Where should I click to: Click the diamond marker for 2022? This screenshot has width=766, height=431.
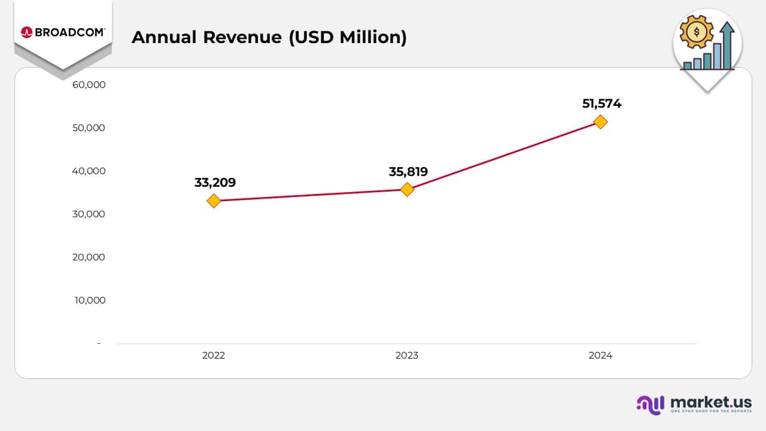click(214, 201)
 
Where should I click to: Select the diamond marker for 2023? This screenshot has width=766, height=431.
click(407, 190)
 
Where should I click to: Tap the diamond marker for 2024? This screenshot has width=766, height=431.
click(600, 122)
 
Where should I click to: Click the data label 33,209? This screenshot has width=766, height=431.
click(215, 183)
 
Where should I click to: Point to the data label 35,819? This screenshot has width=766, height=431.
click(408, 172)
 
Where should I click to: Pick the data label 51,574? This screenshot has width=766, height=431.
click(601, 104)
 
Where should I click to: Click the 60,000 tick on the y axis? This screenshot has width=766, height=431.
click(89, 85)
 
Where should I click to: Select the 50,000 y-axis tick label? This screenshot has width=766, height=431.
click(89, 128)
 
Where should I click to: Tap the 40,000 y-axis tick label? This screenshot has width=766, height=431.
click(89, 171)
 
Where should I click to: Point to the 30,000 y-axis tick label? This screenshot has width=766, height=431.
click(89, 214)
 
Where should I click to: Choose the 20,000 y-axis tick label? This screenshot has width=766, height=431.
click(89, 257)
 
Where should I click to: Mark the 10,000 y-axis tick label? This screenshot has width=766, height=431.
click(90, 301)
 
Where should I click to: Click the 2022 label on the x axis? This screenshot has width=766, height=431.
click(214, 356)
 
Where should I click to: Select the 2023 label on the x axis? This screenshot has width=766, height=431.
click(407, 356)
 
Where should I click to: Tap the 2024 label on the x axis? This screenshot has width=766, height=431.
click(600, 356)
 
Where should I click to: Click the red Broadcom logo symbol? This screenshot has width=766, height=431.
click(26, 32)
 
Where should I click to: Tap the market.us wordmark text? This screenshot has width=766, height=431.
click(710, 402)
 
